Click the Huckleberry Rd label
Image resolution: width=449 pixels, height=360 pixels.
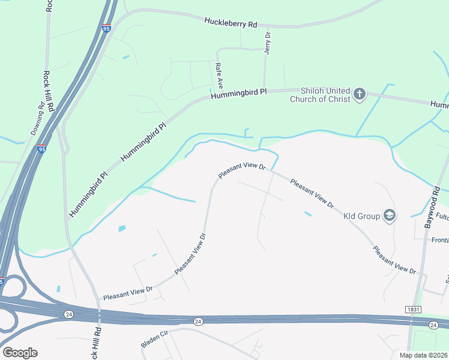point(231,23)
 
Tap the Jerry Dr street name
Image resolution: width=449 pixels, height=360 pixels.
point(268,43)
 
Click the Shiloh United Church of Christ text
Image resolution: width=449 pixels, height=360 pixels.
point(319,95)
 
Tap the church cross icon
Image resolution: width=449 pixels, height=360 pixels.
point(359,94)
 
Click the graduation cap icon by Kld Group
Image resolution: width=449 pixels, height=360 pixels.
point(389,215)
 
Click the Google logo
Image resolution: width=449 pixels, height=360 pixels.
point(20,353)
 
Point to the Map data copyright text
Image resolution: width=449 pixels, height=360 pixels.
point(424,355)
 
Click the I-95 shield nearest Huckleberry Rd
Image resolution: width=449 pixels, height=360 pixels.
point(105,28)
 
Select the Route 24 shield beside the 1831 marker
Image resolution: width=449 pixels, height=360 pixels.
point(433,325)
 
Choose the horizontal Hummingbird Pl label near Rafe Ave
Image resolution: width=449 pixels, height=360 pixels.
point(238,94)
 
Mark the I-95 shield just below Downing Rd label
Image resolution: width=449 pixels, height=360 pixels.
point(41,149)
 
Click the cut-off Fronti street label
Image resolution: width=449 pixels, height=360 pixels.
point(440,240)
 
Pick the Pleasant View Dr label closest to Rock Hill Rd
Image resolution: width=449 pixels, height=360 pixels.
point(128,292)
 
